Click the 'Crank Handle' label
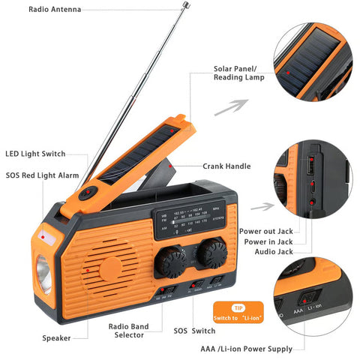226,166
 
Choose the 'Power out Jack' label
266,232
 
